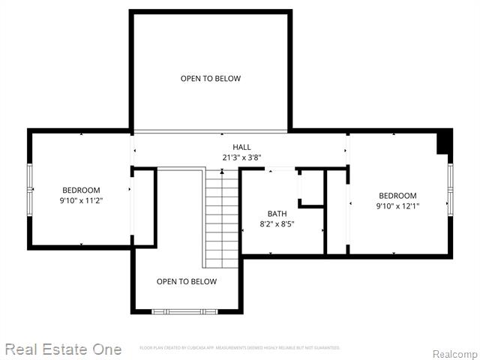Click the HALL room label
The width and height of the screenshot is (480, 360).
coord(241,147)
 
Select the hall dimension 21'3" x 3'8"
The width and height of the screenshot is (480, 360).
coord(241,157)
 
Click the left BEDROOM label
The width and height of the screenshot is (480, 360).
coord(81,190)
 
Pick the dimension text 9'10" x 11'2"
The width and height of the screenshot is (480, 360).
coord(81,201)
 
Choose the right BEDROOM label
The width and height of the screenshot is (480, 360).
coord(397,196)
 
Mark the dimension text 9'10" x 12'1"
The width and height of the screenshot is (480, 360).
coord(397,206)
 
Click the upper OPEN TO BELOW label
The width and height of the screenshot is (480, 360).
coord(211,78)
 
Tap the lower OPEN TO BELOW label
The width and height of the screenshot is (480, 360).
coord(187,281)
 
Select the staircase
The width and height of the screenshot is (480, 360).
coord(222,217)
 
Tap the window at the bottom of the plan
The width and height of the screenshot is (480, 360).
coord(184,310)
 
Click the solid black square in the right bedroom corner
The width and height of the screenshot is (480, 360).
coord(445,139)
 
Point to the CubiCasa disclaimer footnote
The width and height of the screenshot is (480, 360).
coord(240,348)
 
